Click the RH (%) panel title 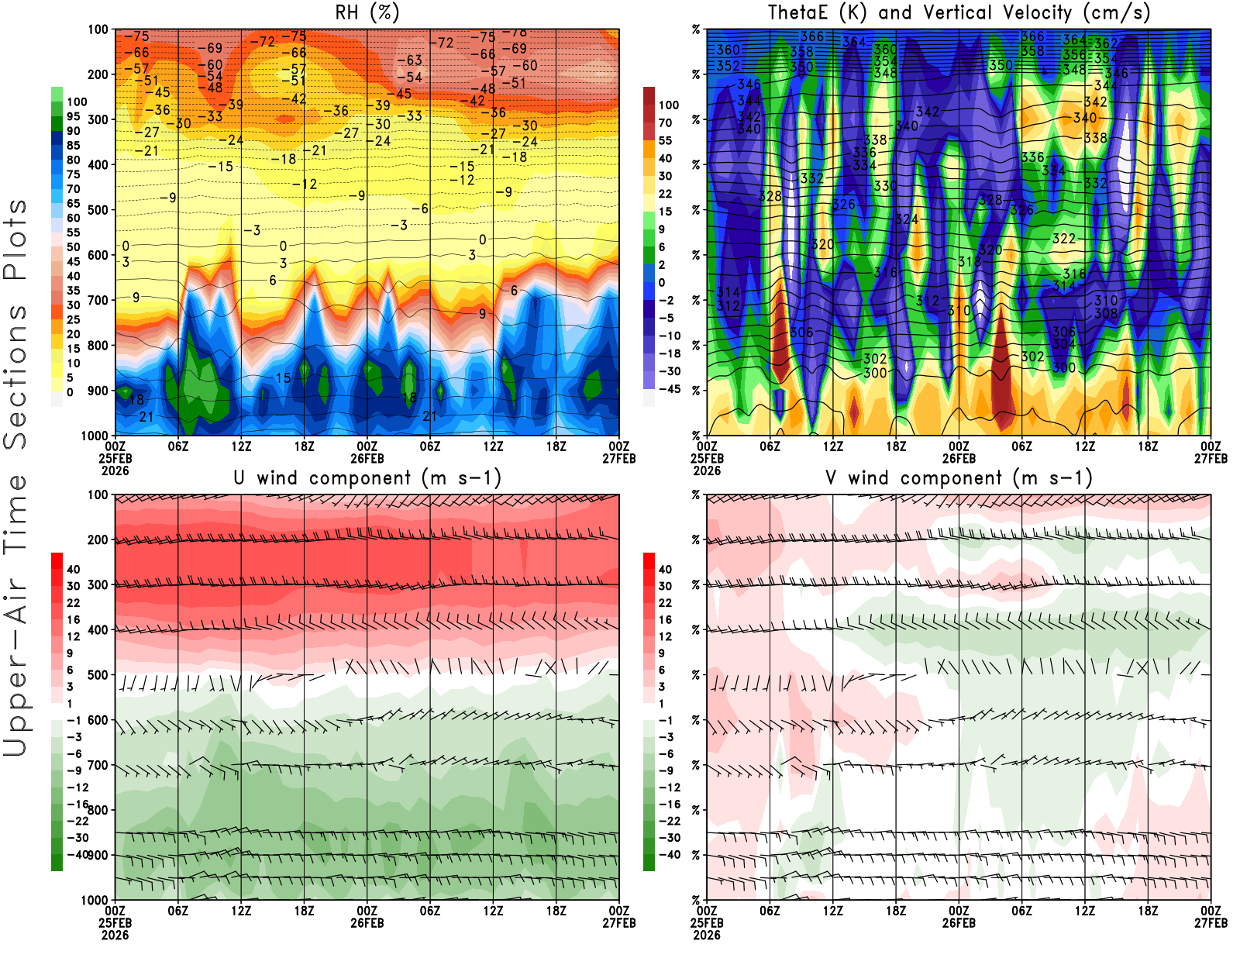367,13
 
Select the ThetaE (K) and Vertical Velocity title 959,13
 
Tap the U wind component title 367,478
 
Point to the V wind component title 959,478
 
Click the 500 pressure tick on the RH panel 98,210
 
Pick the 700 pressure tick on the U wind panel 98,766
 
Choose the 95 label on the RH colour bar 73,116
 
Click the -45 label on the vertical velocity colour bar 669,389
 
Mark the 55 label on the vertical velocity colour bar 665,140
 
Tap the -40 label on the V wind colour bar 669,855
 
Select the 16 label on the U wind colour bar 73,619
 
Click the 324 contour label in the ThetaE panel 906,219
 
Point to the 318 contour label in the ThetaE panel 970,262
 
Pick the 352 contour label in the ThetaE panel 728,66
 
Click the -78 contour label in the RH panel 515,33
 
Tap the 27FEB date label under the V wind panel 1211,923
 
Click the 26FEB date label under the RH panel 367,458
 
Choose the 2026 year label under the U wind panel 115,935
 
